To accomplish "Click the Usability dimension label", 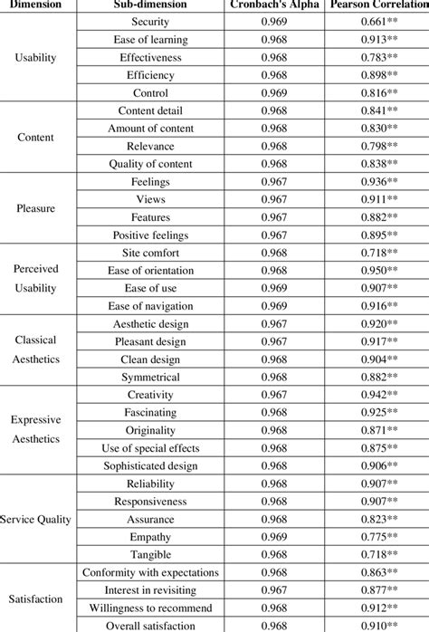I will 35,57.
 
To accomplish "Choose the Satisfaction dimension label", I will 35,598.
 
